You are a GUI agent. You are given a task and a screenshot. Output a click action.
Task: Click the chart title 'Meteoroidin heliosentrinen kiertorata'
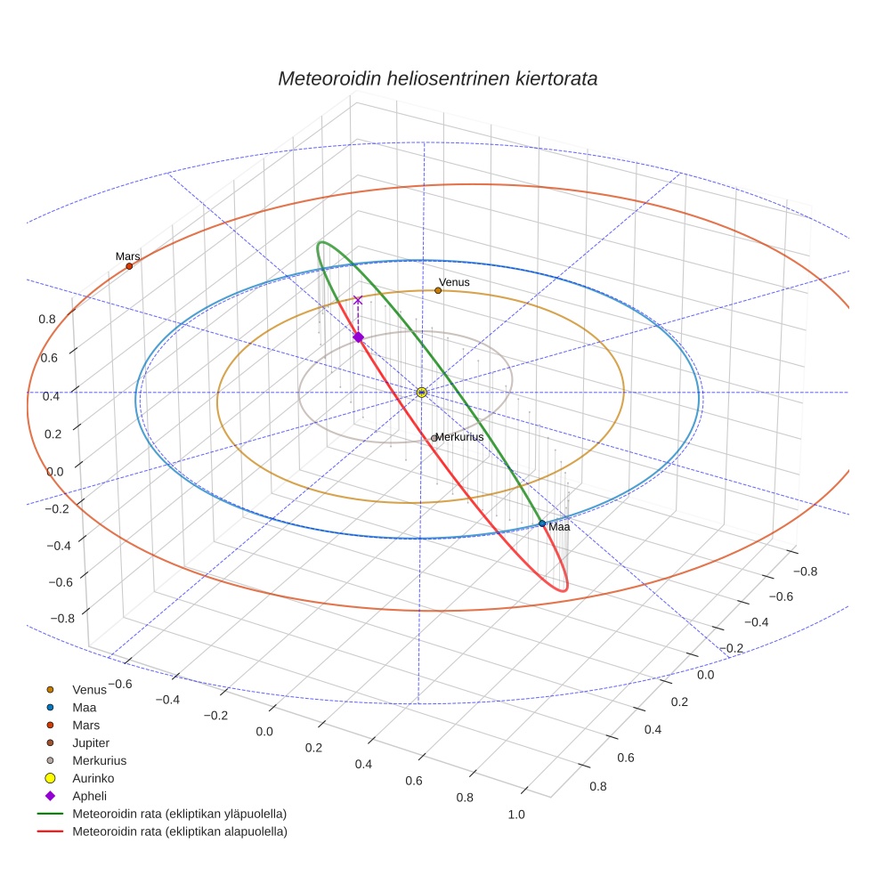437,78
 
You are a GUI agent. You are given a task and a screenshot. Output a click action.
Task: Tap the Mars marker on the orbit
129,266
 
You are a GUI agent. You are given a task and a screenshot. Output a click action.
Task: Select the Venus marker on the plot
438,290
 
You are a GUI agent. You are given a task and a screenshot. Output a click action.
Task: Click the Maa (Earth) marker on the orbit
542,523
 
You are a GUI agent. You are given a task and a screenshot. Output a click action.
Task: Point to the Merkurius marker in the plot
434,438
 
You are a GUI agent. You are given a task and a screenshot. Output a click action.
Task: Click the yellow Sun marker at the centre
422,392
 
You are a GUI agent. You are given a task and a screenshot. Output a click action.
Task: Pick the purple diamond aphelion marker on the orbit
358,337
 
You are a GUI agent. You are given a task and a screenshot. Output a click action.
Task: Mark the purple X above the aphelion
358,301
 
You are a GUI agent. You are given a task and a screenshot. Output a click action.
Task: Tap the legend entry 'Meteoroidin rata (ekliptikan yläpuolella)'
179,814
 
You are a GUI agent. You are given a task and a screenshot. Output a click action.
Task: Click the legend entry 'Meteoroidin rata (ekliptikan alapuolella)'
179,831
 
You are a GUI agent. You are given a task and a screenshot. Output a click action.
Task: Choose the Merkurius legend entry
99,760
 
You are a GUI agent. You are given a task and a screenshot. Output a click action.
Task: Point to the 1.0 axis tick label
515,815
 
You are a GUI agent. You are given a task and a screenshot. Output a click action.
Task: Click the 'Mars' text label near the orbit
127,256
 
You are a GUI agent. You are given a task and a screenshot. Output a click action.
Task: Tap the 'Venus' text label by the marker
454,282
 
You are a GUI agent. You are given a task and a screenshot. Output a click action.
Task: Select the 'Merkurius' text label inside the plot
459,437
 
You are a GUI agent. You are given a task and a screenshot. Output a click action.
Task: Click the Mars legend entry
85,725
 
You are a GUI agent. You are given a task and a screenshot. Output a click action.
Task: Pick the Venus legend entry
89,689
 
